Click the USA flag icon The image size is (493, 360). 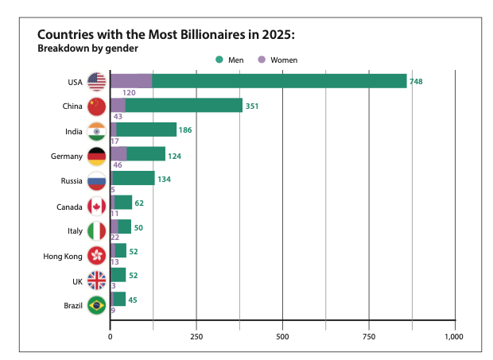tap(97, 81)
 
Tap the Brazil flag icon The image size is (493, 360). tap(97, 305)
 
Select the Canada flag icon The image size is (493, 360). tap(97, 206)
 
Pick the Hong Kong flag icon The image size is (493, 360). tap(97, 256)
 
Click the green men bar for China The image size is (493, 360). tap(183, 106)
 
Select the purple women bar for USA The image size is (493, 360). tap(130, 81)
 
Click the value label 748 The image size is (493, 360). tap(416, 81)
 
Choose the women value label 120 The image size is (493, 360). tap(128, 93)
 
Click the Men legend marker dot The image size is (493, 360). tap(219, 60)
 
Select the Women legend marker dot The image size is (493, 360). tap(262, 60)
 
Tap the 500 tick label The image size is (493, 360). tap(282, 336)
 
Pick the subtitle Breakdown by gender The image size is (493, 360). tap(88, 48)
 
